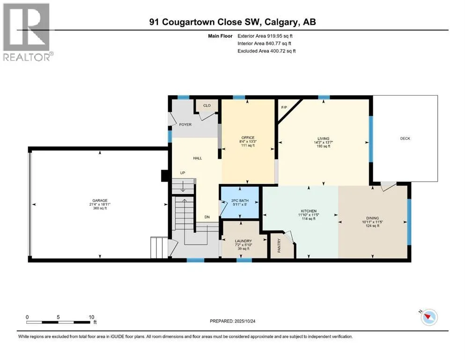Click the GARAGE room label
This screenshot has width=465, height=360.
pyautogui.click(x=100, y=201)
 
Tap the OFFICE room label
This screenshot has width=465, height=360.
pyautogui.click(x=248, y=138)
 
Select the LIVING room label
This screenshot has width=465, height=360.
pyautogui.click(x=323, y=139)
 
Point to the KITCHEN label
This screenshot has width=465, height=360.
pyautogui.click(x=309, y=211)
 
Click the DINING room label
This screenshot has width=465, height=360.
pyautogui.click(x=372, y=218)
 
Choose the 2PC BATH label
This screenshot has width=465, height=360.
pyautogui.click(x=240, y=201)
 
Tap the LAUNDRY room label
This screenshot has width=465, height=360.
pyautogui.click(x=243, y=241)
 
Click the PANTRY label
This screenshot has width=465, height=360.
pyautogui.click(x=279, y=246)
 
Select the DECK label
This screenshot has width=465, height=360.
pyautogui.click(x=405, y=139)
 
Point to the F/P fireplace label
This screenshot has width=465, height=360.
pyautogui.click(x=284, y=107)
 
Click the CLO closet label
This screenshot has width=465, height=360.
pyautogui.click(x=207, y=105)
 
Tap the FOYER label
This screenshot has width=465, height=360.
pyautogui.click(x=185, y=125)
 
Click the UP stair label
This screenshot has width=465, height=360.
pyautogui.click(x=183, y=172)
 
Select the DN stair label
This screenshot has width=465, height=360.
pyautogui.click(x=207, y=217)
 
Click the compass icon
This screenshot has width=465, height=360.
pyautogui.click(x=429, y=317)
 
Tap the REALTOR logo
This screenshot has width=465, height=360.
pyautogui.click(x=27, y=32)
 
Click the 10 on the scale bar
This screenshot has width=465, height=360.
pyautogui.click(x=91, y=317)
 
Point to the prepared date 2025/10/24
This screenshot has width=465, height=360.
pyautogui.click(x=245, y=321)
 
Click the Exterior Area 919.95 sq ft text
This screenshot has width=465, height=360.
pyautogui.click(x=265, y=36)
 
